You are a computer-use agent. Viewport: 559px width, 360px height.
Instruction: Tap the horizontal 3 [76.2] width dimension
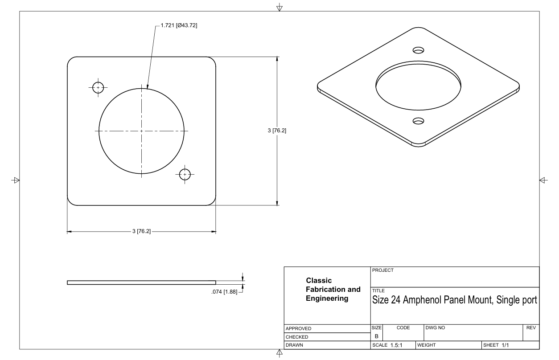coord(141,232)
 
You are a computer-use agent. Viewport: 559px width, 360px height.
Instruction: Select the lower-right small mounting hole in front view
coord(185,174)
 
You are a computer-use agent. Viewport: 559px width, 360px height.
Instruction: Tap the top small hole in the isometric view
coord(418,49)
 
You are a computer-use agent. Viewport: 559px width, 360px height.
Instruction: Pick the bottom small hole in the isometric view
coord(418,121)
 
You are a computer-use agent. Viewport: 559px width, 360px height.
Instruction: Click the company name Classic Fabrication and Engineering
coord(333,290)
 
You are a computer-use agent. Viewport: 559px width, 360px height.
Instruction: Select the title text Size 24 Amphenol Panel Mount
coord(454,300)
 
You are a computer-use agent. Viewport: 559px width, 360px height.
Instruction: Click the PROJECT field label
coord(383,270)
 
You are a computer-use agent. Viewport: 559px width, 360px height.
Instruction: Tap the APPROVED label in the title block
coord(299,329)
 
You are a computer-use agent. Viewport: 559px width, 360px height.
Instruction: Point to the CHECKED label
coord(297,337)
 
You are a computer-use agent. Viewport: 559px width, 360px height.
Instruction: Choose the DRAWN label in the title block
coord(295,345)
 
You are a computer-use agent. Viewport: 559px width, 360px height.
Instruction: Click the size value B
coord(376,336)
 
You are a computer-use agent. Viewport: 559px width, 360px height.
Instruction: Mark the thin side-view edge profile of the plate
coord(141,282)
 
